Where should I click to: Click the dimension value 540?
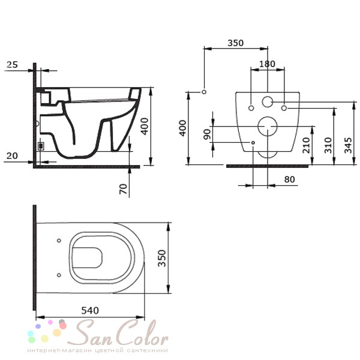90,311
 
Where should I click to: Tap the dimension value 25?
12,65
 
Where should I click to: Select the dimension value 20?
12,156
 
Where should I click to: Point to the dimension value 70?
123,189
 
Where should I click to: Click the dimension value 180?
267,64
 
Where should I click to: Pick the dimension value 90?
207,134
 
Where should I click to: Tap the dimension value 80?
289,179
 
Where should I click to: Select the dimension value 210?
306,145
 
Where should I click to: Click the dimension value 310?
328,145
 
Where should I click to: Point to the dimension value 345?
348,145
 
